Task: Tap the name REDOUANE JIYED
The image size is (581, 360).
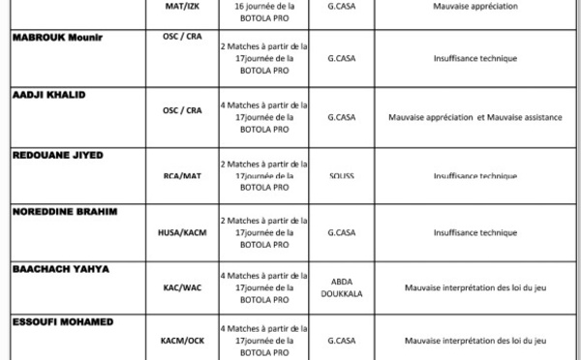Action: point(57,155)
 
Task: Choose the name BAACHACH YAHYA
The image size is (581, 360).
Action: point(60,268)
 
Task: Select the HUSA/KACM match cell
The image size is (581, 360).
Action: point(182,232)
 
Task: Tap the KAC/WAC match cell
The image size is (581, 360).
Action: point(182,287)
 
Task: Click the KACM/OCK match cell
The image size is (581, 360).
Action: point(182,341)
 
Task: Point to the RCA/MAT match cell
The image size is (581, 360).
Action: point(182,176)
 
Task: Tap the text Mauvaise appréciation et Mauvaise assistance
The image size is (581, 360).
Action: point(475,118)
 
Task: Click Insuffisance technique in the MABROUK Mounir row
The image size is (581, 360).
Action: point(475,59)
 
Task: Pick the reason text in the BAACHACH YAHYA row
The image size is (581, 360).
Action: point(475,287)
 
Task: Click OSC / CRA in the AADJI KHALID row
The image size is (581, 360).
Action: point(182,110)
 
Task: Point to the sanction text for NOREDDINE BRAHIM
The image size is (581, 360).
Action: point(264,233)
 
